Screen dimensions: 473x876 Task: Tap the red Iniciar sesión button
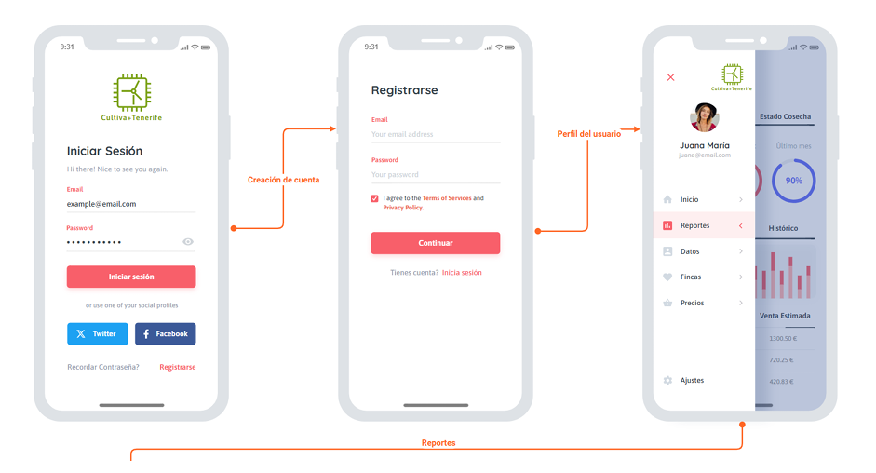[131, 277]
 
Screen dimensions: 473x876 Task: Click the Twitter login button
[97, 333]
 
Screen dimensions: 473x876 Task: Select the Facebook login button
[165, 333]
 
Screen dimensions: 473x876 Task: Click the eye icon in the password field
[188, 242]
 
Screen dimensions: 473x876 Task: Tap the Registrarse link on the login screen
[177, 367]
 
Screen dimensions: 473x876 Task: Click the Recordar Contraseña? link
[103, 367]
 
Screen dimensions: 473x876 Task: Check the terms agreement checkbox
[375, 198]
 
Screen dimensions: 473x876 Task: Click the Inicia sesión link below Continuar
[462, 273]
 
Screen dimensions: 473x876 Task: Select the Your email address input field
[435, 135]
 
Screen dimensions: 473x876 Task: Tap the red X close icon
[670, 77]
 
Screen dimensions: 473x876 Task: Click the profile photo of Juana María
[705, 117]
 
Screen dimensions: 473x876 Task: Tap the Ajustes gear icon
[667, 380]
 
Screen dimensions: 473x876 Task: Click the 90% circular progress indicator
[793, 181]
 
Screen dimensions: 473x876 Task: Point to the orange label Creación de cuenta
[283, 180]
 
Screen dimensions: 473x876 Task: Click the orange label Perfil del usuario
[588, 134]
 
